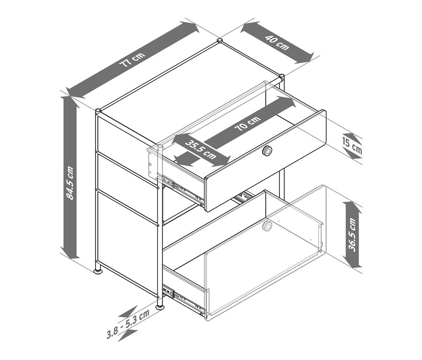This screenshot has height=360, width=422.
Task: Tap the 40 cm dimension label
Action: pos(277,43)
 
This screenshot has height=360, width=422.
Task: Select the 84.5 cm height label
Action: pos(70,183)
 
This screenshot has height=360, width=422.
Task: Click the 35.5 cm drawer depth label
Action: pos(201,150)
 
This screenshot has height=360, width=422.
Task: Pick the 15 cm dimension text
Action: pos(352,146)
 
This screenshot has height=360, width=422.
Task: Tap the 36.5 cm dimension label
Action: pos(352,235)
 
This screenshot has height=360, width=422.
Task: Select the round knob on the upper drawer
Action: pos(267,150)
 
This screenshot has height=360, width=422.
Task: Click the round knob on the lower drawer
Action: pos(267,226)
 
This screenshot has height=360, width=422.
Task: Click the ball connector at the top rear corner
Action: pos(220,41)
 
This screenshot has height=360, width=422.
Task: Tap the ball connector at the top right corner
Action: pos(281,76)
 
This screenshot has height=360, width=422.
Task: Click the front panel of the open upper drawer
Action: pos(266,161)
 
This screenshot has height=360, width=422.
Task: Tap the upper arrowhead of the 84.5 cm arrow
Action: pos(70,102)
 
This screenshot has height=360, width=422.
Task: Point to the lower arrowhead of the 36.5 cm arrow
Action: pos(352,262)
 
